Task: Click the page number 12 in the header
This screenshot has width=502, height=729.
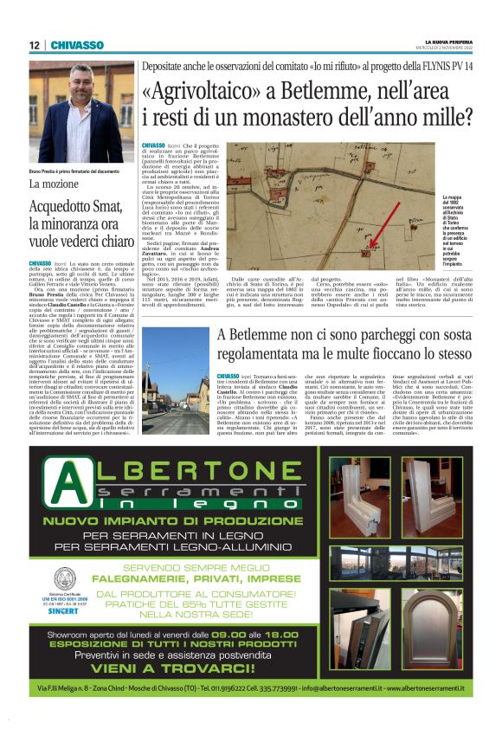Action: tap(34, 45)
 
